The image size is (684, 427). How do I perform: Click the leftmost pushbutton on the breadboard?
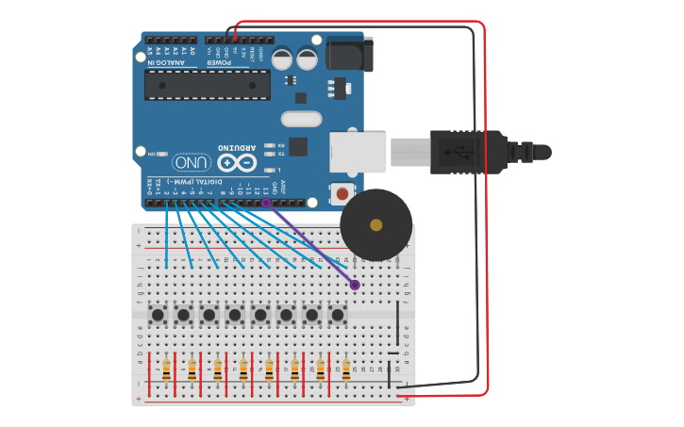pos(158,315)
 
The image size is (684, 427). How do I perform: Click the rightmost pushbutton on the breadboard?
pos(338,315)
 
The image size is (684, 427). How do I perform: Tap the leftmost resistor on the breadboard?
pos(166,370)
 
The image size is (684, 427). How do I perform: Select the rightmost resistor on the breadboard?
pos(346,370)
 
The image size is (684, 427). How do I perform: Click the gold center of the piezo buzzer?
pos(375,224)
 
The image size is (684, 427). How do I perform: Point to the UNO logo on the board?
pos(191,162)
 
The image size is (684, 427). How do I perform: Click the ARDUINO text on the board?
pos(237,147)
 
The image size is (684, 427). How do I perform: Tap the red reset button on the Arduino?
pos(341,193)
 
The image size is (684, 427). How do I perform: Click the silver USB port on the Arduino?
pos(358,152)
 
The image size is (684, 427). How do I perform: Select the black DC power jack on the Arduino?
pos(348,54)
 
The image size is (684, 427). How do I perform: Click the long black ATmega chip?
pos(208,85)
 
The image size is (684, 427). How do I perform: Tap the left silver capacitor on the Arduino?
pos(282,58)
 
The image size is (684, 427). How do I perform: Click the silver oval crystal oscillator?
pos(301,119)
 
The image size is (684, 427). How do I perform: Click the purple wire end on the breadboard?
pos(355,285)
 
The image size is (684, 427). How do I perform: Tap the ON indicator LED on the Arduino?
pos(162,154)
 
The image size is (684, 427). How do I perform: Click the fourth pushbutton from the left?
pos(235,315)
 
